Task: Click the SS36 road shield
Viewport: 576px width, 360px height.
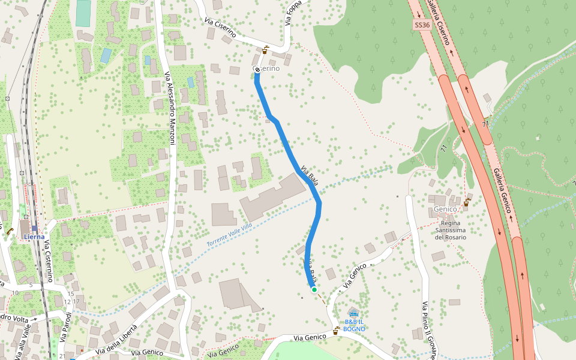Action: click(x=422, y=25)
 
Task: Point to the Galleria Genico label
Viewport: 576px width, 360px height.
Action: click(x=502, y=190)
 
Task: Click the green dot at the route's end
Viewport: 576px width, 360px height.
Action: click(x=314, y=289)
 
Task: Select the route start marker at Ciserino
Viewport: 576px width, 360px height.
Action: click(x=257, y=70)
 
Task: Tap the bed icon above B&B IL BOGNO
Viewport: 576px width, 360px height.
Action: click(x=353, y=313)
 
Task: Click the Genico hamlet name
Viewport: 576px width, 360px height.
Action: click(x=445, y=209)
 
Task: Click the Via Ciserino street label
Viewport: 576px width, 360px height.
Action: click(x=219, y=28)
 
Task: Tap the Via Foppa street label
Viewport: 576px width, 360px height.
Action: click(x=293, y=13)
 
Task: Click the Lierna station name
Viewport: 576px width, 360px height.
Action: click(x=34, y=236)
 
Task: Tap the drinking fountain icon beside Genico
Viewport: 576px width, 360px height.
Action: click(x=467, y=202)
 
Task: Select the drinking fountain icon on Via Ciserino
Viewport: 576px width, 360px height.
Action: click(x=266, y=50)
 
